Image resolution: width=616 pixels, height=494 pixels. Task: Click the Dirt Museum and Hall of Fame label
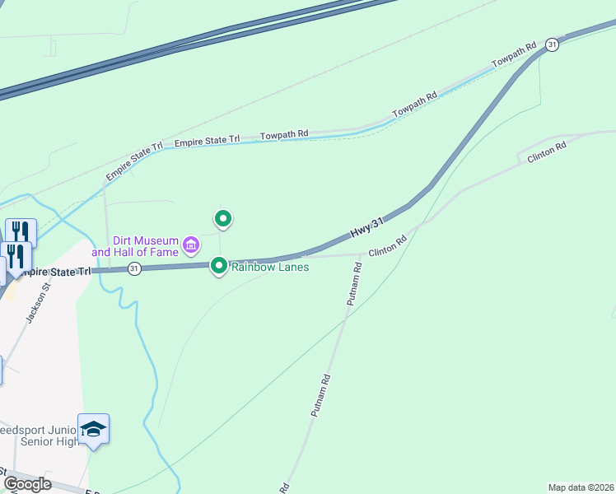pyautogui.click(x=135, y=246)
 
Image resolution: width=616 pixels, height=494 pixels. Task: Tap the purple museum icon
pyautogui.click(x=191, y=244)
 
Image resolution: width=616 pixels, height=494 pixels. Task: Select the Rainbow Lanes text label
pyautogui.click(x=269, y=267)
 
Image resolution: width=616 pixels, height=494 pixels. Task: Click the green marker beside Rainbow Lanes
pyautogui.click(x=219, y=265)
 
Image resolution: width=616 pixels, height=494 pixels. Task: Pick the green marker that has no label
pyautogui.click(x=222, y=218)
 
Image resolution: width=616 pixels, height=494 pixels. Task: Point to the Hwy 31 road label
pyautogui.click(x=367, y=229)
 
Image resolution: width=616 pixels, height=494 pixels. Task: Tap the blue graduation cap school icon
pyautogui.click(x=94, y=429)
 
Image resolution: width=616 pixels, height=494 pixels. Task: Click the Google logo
pyautogui.click(x=27, y=483)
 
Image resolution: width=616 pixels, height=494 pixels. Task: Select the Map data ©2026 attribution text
pyautogui.click(x=581, y=487)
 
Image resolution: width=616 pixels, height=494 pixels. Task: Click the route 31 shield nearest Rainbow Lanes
pyautogui.click(x=134, y=268)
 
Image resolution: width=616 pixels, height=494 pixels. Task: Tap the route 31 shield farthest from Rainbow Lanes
pyautogui.click(x=553, y=44)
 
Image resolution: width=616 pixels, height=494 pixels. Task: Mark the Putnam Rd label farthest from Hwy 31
pyautogui.click(x=321, y=396)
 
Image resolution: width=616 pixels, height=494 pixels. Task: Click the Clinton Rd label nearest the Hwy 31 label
pyautogui.click(x=388, y=246)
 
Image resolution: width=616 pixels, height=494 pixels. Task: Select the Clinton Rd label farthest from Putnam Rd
pyautogui.click(x=547, y=151)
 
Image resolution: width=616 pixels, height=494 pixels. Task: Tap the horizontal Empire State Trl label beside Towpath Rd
pyautogui.click(x=207, y=140)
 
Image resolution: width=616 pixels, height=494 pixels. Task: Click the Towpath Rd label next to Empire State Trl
pyautogui.click(x=284, y=134)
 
